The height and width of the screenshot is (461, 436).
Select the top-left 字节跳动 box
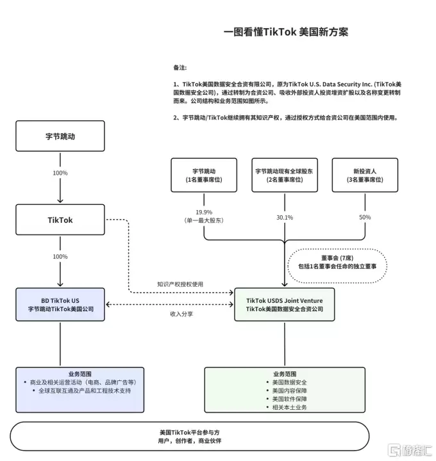tap(60, 136)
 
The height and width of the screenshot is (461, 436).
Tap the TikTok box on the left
tap(60, 220)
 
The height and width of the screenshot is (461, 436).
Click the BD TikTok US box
tap(60, 304)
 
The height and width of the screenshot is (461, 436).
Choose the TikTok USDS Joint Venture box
tap(285, 304)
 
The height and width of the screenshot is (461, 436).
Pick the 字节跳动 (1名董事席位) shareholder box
tap(203, 175)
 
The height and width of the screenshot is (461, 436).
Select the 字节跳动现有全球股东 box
tap(284, 175)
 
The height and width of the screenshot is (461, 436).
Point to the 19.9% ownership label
tap(203, 212)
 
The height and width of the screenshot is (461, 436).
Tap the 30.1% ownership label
tap(284, 218)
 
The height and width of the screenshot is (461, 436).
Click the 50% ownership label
tap(365, 218)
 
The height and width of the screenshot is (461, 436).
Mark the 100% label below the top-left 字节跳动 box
tap(60, 173)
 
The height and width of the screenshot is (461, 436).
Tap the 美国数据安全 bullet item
tap(285, 382)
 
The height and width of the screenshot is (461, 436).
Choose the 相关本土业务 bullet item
tap(285, 407)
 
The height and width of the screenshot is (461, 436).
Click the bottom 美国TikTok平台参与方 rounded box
tap(189, 437)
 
